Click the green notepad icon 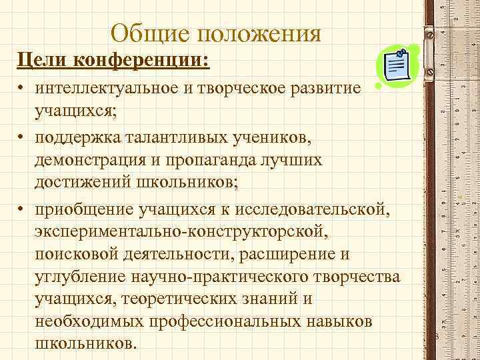point(397,67)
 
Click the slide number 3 point(435,337)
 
